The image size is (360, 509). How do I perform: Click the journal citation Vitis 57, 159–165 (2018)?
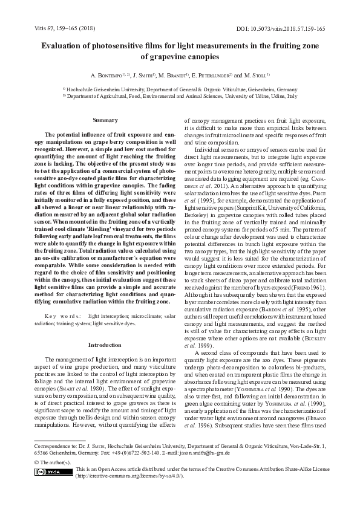56,28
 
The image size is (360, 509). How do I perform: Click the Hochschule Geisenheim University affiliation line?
180,88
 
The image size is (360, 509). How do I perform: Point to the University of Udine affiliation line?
180,96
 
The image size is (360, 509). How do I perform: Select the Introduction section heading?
105,345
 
